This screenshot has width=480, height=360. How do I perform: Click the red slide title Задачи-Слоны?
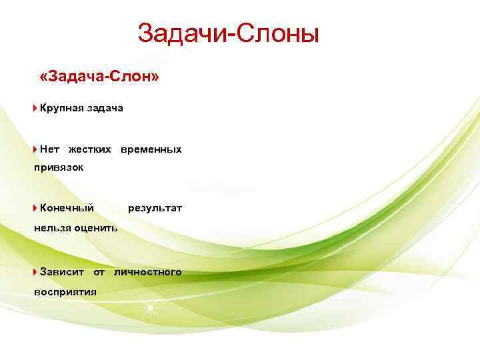point(229,33)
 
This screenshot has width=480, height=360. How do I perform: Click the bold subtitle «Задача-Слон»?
point(99,78)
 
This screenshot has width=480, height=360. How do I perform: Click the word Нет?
point(49,149)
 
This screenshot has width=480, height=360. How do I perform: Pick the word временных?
point(151,149)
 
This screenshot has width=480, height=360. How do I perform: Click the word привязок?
point(59,167)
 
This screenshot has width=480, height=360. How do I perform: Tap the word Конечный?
point(67,208)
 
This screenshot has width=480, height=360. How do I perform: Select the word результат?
point(155,208)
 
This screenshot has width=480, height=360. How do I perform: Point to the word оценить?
point(97,227)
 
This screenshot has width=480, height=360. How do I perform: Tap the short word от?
point(99,272)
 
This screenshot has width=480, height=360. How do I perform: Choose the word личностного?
point(147,272)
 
